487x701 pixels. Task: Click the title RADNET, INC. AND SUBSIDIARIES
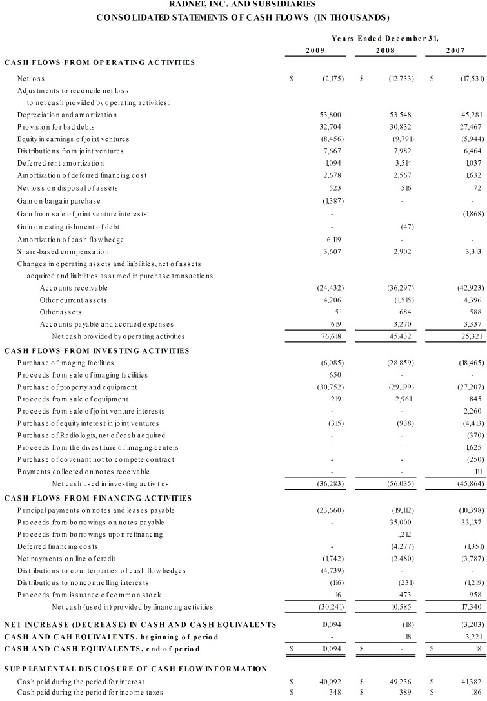coord(243,5)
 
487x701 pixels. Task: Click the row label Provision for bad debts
coord(56,126)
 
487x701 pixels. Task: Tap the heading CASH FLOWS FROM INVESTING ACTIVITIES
coord(97,350)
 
